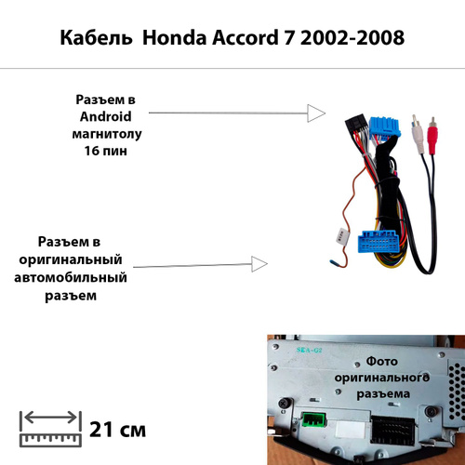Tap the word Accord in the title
point(245,38)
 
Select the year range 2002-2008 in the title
point(352,38)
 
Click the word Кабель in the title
point(96,38)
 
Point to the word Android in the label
point(106,116)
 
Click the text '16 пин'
point(106,151)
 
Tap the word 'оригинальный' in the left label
point(71,259)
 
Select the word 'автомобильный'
point(71,277)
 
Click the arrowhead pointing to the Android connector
point(316,113)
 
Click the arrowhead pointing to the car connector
point(259,264)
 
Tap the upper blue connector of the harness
point(384,127)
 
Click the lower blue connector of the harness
point(378,242)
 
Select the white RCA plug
point(418,134)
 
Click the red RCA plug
point(432,136)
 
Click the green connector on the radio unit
point(313,419)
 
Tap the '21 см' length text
point(118,430)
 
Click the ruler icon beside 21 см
point(50,429)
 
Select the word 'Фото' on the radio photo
point(381,362)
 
